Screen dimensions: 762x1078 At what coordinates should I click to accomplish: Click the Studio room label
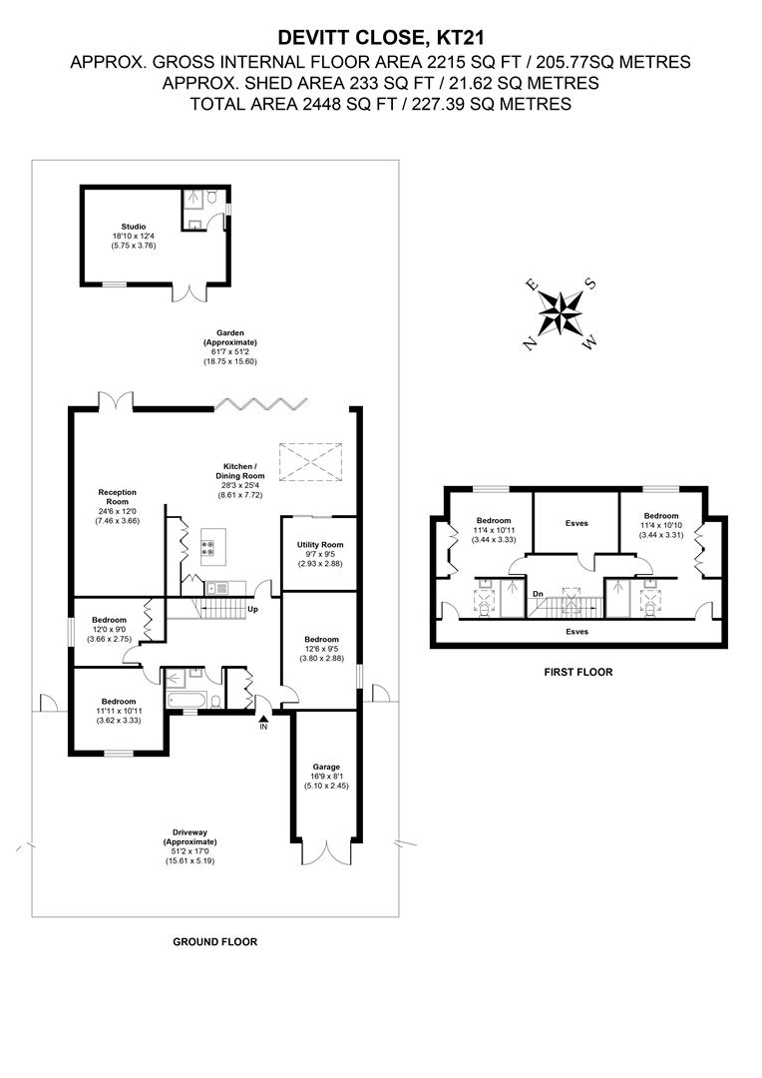134,227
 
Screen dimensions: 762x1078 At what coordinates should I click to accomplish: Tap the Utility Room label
320,545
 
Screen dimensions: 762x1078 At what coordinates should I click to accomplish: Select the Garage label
326,767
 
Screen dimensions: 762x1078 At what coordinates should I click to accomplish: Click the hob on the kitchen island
206,548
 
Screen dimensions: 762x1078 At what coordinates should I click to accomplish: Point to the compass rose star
561,313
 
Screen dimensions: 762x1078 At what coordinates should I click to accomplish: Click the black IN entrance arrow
263,718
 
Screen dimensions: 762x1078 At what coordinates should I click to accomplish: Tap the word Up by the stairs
253,609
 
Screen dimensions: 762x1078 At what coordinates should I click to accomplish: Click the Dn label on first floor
538,593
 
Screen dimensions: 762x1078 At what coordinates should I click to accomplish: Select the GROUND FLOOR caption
215,942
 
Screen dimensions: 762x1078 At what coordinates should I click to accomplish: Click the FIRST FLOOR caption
578,672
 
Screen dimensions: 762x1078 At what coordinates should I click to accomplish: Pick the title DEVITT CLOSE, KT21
381,37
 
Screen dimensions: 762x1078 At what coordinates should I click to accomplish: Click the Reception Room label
118,496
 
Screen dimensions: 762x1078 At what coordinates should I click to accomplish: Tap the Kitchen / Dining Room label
240,471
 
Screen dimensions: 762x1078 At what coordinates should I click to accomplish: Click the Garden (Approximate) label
230,337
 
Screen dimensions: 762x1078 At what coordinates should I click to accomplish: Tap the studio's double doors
189,292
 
